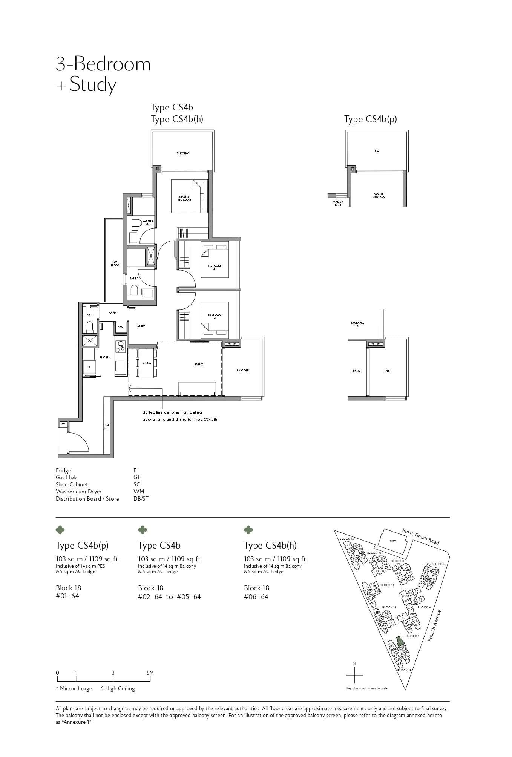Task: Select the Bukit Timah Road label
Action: tap(420, 537)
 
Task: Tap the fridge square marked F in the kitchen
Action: tap(89, 367)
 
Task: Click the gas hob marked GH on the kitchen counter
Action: tap(121, 346)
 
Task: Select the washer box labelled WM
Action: tap(121, 327)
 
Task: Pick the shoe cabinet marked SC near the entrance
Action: tap(63, 424)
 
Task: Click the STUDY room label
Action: tap(141, 326)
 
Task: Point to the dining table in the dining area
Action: tap(147, 363)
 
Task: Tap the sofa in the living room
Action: tap(197, 388)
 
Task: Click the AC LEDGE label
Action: tap(115, 264)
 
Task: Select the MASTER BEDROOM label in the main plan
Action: tap(185, 198)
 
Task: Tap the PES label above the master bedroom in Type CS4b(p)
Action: tap(377, 151)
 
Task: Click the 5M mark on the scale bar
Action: tap(150, 673)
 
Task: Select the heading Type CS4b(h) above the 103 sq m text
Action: tap(270, 546)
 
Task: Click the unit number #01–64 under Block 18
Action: tap(67, 596)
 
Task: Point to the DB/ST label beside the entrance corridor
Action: tap(106, 427)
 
